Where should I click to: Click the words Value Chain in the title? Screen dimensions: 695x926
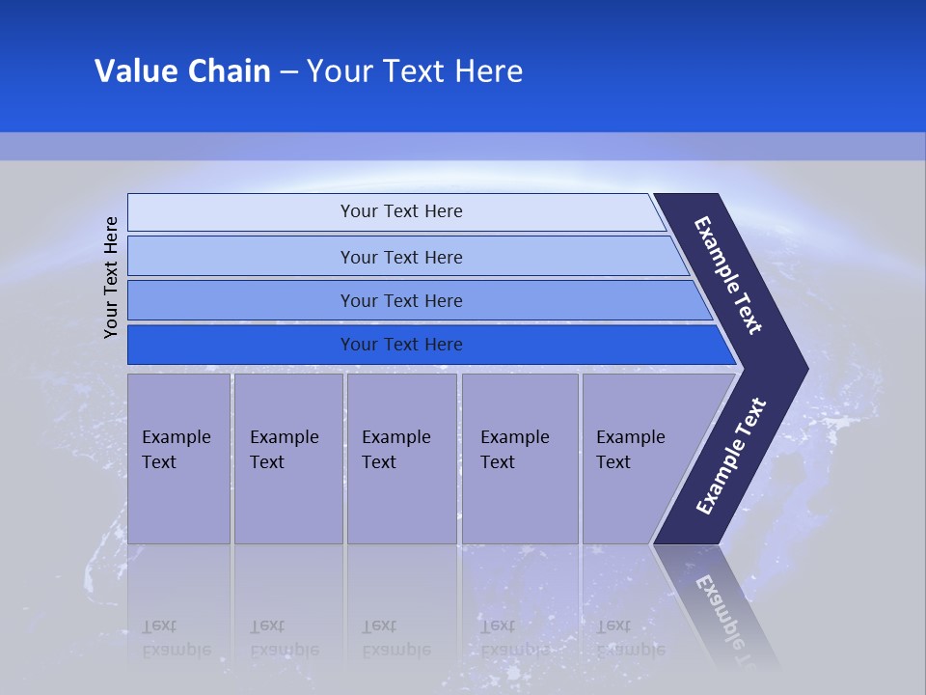[x=182, y=71]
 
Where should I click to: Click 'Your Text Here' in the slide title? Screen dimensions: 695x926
[x=415, y=71]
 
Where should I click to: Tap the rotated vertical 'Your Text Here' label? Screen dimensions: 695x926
[x=111, y=277]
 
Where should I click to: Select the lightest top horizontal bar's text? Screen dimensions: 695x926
[x=401, y=211]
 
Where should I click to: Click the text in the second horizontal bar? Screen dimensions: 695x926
[x=401, y=258]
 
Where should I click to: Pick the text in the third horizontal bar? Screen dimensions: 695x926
[x=401, y=301]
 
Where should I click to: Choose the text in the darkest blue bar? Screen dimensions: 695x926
[x=401, y=345]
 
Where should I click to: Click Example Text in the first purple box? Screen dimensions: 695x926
[x=176, y=450]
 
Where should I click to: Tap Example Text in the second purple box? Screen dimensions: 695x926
[x=284, y=450]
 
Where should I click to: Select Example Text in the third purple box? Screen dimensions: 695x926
[x=395, y=450]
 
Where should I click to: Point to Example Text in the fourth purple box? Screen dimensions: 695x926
[x=514, y=450]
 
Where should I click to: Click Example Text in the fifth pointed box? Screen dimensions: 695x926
[x=630, y=450]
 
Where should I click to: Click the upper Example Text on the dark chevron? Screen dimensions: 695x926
[x=728, y=275]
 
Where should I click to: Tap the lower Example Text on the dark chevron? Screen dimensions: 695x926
[x=730, y=457]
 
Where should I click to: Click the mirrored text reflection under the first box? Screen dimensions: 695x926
[x=176, y=638]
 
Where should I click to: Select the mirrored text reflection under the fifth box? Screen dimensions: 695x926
[x=630, y=638]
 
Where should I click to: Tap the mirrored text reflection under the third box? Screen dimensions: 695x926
[x=395, y=638]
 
